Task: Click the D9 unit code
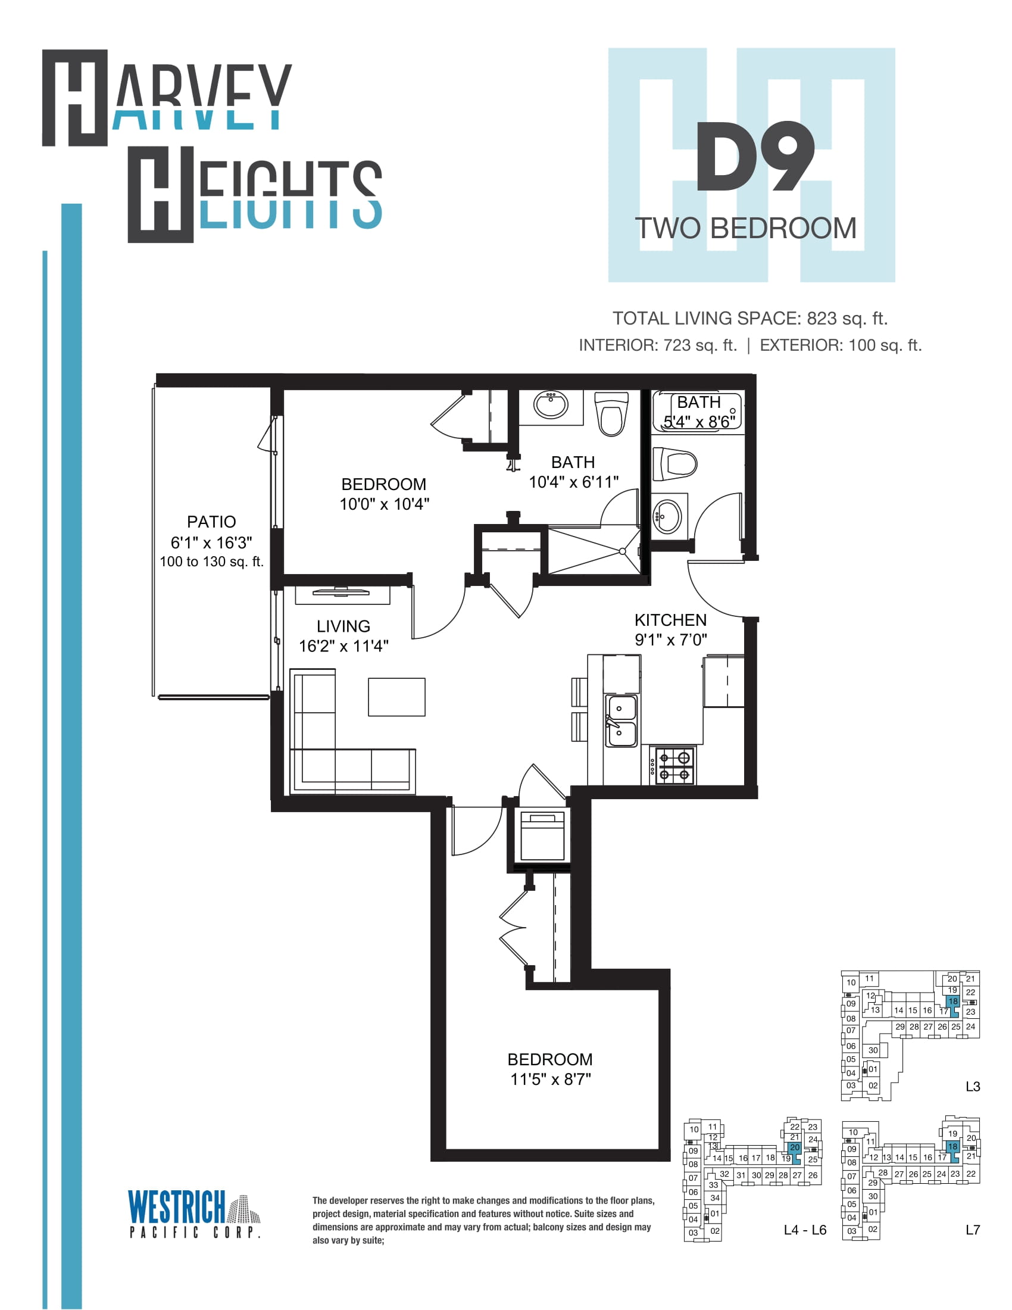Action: click(754, 157)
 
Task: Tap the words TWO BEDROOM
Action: click(746, 229)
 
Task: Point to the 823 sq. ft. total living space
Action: click(847, 318)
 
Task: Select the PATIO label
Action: click(211, 521)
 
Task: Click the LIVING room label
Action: click(343, 626)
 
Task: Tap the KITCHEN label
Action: click(670, 620)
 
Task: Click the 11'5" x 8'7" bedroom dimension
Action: click(551, 1079)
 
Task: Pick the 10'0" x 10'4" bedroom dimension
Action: click(385, 504)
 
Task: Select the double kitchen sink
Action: click(621, 720)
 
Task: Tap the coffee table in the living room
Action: click(396, 697)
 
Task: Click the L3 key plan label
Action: click(973, 1086)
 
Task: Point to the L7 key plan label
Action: click(973, 1230)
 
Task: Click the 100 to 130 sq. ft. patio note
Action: click(212, 562)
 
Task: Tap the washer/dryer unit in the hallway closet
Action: click(542, 835)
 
